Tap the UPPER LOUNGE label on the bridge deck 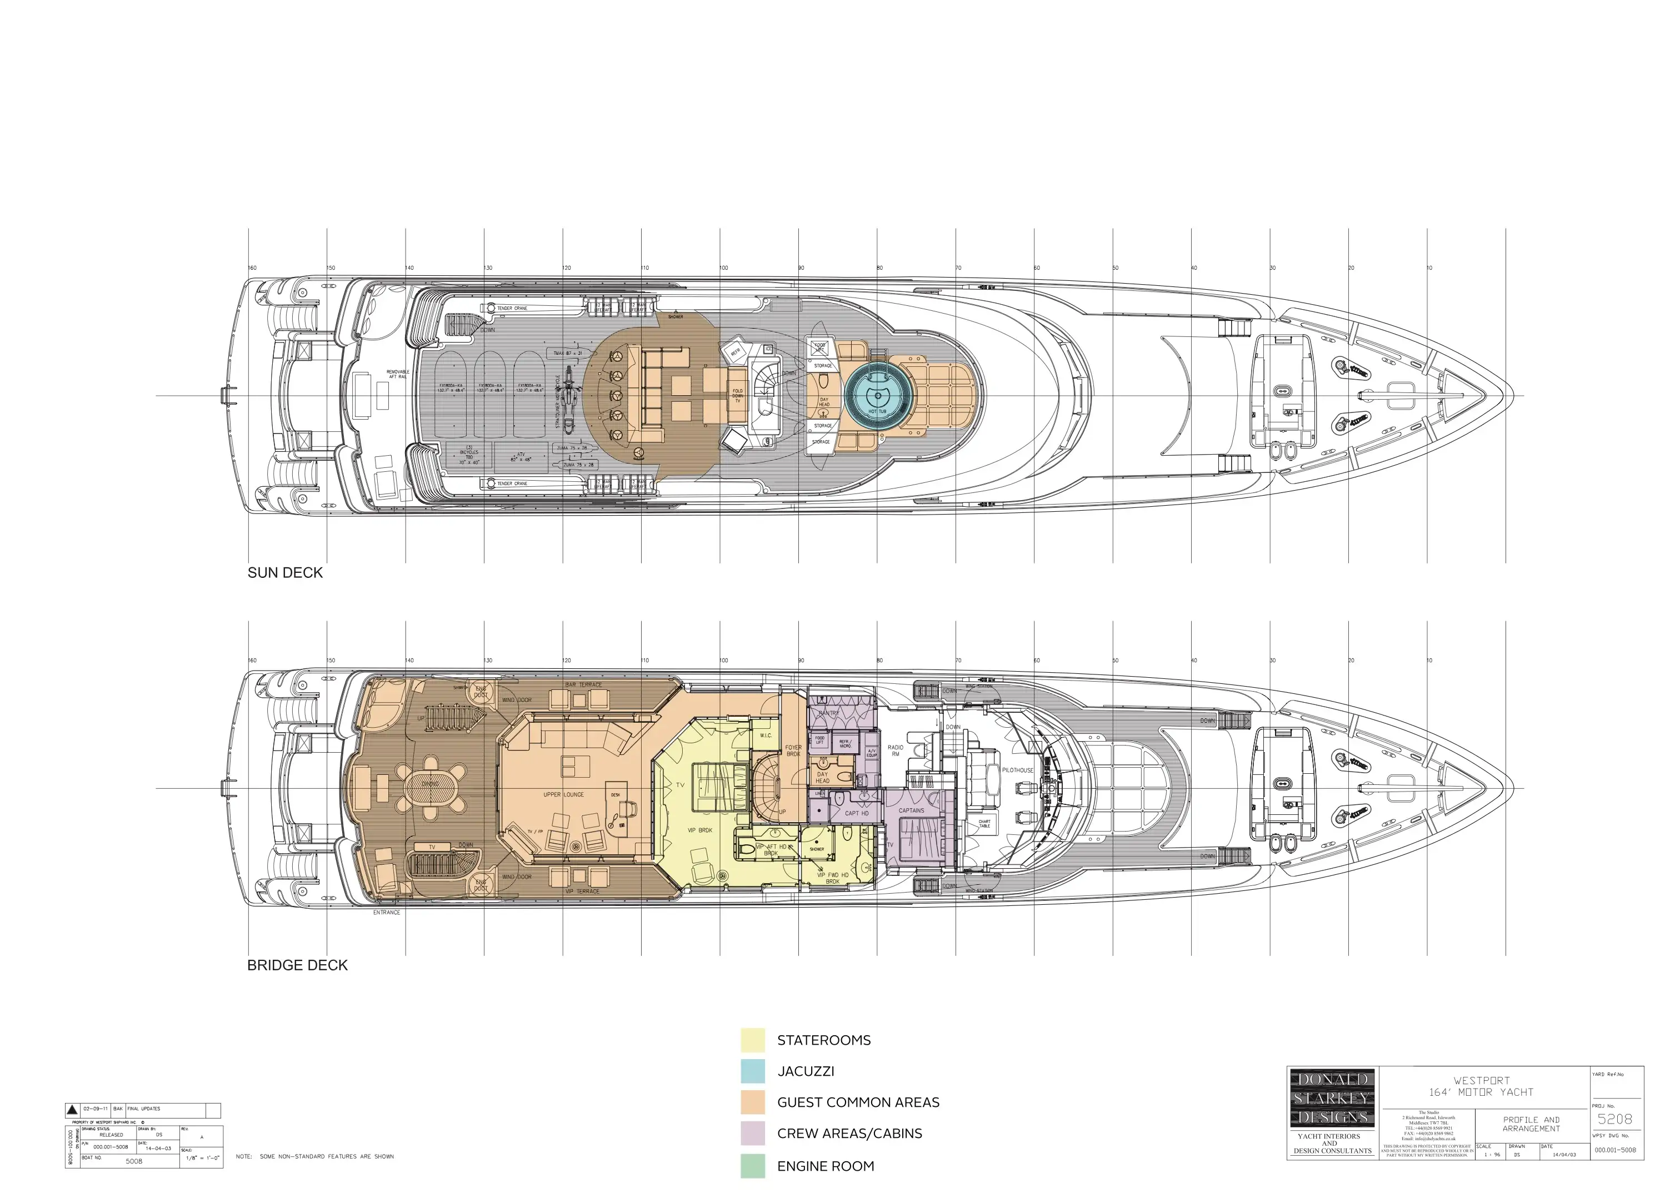point(564,795)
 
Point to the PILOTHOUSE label point(1017,770)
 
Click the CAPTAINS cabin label point(912,810)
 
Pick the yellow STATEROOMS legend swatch point(753,1040)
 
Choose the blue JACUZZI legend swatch point(753,1071)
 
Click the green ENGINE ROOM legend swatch point(753,1166)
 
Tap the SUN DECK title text point(285,573)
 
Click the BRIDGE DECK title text point(297,966)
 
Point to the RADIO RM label point(896,751)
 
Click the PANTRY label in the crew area point(829,713)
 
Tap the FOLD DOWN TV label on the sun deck point(737,396)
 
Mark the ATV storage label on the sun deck point(521,457)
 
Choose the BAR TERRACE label point(584,685)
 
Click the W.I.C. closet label point(766,735)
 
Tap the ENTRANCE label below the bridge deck point(386,913)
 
